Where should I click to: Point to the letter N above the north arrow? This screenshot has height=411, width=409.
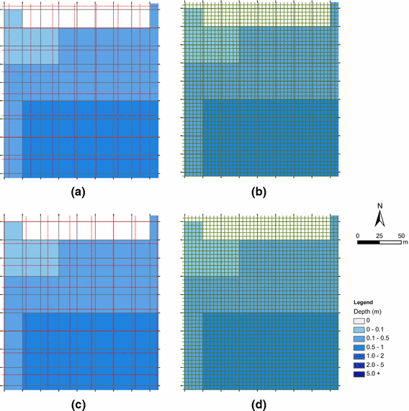click(380, 205)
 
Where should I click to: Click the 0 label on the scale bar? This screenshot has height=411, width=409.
click(358, 236)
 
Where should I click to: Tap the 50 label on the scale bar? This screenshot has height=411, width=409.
click(400, 236)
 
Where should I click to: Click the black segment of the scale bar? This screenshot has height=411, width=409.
click(369, 243)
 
